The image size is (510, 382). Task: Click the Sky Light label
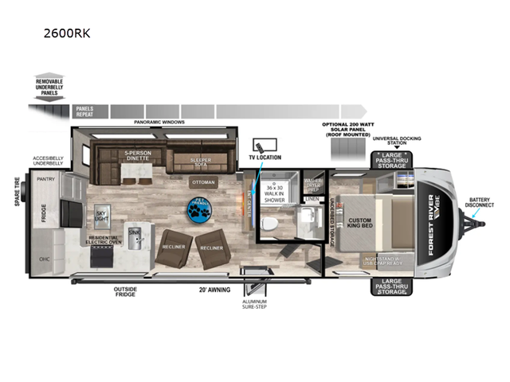[101, 216]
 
